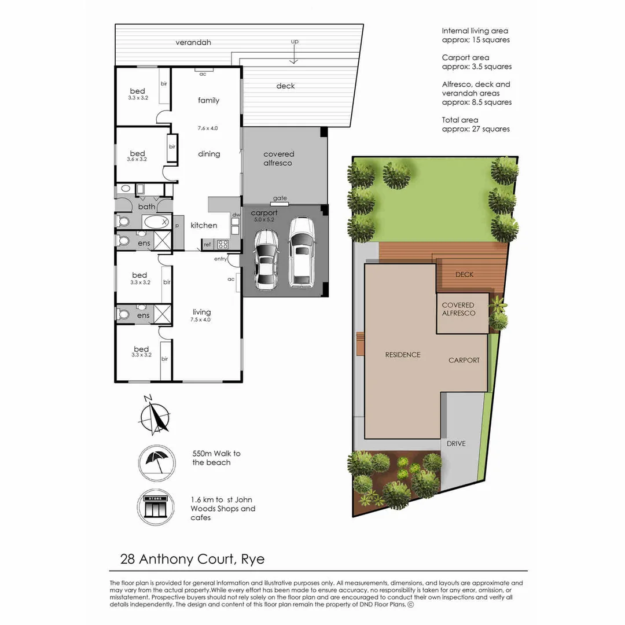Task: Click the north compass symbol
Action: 155,415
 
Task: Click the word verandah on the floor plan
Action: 193,43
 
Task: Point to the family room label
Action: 208,101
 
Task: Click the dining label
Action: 209,154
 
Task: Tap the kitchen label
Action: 204,225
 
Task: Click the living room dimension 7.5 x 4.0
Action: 201,319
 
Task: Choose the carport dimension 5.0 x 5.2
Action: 264,220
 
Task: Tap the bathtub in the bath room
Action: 155,221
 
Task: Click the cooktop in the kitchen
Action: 222,244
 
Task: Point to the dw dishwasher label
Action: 235,215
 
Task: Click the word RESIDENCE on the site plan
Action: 403,355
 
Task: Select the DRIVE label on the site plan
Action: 456,444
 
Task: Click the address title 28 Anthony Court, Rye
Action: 192,560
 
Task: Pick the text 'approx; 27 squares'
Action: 476,129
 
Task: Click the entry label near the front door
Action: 220,259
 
